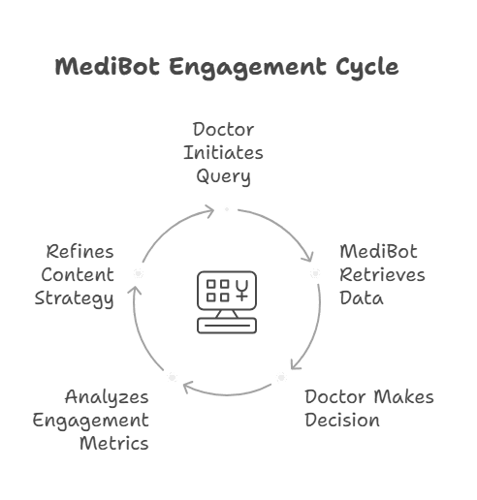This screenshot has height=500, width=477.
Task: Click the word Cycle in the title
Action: point(367,68)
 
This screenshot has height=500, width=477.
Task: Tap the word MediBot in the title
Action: point(108,67)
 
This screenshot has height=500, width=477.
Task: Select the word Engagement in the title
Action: point(247,69)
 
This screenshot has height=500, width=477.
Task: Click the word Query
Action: point(223,176)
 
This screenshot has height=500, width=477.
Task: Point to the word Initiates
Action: point(223,152)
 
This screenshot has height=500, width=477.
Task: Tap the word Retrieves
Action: point(382,275)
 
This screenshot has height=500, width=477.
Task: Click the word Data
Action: point(362,298)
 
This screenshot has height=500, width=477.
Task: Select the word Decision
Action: point(342,420)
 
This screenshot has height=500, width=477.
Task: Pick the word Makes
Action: point(404,396)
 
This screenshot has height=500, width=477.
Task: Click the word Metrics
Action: point(114,443)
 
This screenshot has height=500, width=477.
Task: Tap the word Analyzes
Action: point(107,397)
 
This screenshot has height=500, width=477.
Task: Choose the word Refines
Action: point(80,252)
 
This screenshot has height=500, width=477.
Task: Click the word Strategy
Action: point(74,298)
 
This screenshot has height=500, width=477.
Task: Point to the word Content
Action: point(78,275)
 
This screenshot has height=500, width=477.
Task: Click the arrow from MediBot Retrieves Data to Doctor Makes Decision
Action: point(315,329)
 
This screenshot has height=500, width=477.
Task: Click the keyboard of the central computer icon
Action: point(227,326)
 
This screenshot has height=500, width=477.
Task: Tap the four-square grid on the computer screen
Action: point(218,291)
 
